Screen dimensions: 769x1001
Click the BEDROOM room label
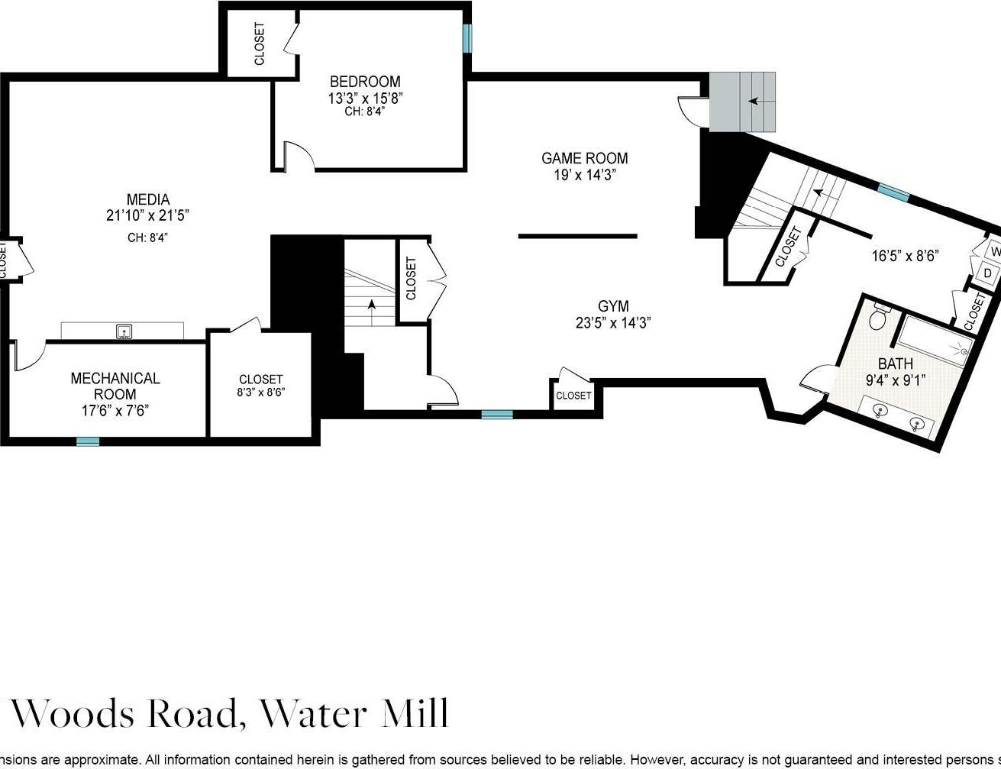click(x=364, y=82)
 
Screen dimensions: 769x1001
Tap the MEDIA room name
click(x=147, y=200)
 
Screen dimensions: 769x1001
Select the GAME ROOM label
click(x=584, y=158)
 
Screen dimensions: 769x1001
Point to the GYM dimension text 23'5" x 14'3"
click(x=613, y=323)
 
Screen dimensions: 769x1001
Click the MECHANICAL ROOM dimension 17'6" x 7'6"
click(x=115, y=411)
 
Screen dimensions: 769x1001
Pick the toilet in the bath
click(x=879, y=315)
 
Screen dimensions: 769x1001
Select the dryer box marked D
click(x=986, y=273)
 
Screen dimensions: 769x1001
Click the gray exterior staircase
click(x=741, y=102)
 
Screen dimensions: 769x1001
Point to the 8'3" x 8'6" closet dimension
click(x=260, y=394)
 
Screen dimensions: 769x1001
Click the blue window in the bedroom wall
click(x=467, y=38)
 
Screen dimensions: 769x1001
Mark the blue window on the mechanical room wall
click(x=88, y=441)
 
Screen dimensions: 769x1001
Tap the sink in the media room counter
click(x=124, y=331)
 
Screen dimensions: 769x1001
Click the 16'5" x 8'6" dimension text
click(x=904, y=256)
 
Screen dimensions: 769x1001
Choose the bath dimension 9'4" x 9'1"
click(x=895, y=380)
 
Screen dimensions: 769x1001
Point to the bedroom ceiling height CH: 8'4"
click(x=364, y=111)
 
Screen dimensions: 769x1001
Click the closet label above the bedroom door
click(x=260, y=44)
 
